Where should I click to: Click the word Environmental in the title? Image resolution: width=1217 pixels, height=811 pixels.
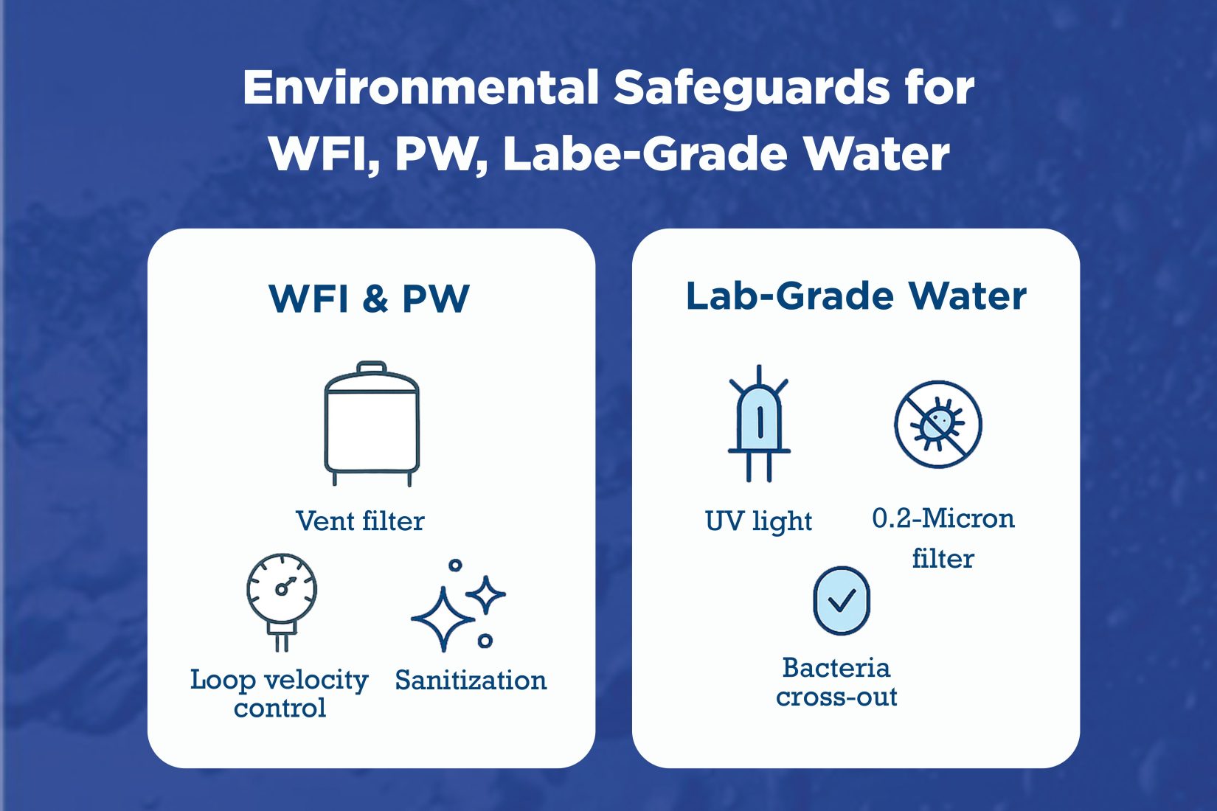pyautogui.click(x=420, y=88)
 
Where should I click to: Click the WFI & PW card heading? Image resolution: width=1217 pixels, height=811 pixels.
pyautogui.click(x=370, y=299)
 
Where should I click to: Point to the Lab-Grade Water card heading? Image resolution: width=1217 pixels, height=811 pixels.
pyautogui.click(x=856, y=296)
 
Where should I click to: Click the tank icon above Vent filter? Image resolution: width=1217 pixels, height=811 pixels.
pyautogui.click(x=372, y=428)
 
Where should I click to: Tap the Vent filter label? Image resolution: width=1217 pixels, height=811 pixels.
pyautogui.click(x=360, y=521)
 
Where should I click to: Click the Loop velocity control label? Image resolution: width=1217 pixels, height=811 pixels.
pyautogui.click(x=280, y=693)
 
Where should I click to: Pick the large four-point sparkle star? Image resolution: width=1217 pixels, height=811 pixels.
pyautogui.click(x=442, y=619)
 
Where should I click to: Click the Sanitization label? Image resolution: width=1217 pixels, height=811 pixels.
pyautogui.click(x=471, y=680)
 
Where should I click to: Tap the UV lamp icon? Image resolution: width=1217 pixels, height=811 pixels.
pyautogui.click(x=759, y=424)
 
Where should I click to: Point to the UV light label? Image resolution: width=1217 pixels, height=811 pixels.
pyautogui.click(x=758, y=521)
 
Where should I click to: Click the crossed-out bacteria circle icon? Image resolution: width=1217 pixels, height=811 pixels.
pyautogui.click(x=938, y=424)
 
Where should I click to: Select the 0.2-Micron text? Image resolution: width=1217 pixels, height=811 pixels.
pyautogui.click(x=943, y=518)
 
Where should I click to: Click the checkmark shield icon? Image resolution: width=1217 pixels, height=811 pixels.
pyautogui.click(x=842, y=600)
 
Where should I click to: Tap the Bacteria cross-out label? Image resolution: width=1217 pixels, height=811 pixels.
pyautogui.click(x=836, y=682)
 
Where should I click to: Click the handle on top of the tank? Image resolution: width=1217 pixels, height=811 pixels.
pyautogui.click(x=372, y=367)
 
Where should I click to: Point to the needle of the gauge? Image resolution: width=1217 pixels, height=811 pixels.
pyautogui.click(x=286, y=585)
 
